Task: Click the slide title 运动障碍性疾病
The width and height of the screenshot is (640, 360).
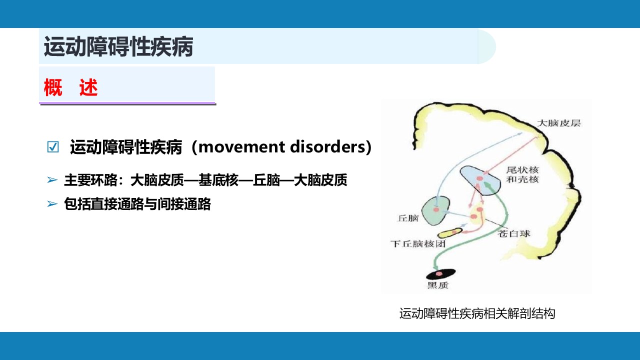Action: (118, 46)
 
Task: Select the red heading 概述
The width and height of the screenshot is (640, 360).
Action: (71, 87)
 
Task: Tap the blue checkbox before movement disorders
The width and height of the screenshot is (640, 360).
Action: (53, 147)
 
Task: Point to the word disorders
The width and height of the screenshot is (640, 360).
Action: (327, 147)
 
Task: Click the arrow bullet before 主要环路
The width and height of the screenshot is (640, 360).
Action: (52, 179)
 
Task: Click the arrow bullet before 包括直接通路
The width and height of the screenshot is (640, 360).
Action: (52, 203)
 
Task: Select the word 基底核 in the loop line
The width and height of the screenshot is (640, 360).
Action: (218, 180)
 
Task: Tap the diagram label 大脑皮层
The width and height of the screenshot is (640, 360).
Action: (559, 123)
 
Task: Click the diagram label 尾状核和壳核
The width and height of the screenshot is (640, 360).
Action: (522, 174)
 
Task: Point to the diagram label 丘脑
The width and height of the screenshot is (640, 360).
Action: (408, 218)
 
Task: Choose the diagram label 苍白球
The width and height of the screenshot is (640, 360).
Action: (513, 233)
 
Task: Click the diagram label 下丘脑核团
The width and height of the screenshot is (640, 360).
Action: (418, 243)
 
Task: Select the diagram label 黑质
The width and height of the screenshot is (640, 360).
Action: (438, 285)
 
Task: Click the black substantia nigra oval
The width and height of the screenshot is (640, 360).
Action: (440, 274)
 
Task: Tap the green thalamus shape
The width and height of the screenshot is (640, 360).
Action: (435, 210)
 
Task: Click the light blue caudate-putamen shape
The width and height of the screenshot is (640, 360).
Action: (480, 180)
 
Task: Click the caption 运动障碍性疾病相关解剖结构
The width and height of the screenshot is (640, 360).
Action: (477, 313)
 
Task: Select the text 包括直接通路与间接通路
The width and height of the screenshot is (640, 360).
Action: (137, 204)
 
